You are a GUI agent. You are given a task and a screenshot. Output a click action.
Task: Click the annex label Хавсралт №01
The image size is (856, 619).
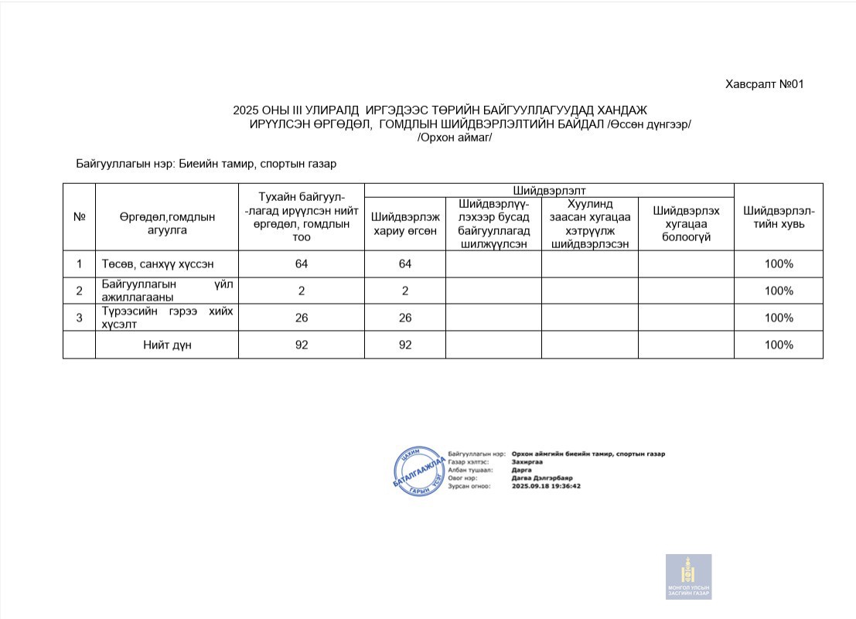pos(765,84)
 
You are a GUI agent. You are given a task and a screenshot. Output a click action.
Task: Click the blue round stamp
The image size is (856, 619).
pos(420,471)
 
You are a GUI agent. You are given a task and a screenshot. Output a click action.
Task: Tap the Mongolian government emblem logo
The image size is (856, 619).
pos(688,576)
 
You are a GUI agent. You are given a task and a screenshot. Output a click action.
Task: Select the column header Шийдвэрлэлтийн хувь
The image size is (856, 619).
pos(778,217)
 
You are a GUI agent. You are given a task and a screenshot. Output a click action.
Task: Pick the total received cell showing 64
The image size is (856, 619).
pos(301,264)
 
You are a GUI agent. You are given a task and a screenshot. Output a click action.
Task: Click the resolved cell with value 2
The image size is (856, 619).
pos(405,291)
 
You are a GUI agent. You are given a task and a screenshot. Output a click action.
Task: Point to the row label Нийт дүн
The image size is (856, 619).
pos(167,345)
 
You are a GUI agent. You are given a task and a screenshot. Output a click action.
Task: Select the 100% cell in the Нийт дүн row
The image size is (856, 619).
pos(778,345)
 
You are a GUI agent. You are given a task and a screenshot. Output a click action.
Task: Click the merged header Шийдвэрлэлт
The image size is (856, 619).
pos(548,190)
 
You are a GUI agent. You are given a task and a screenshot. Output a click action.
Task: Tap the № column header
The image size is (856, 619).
pos(79,217)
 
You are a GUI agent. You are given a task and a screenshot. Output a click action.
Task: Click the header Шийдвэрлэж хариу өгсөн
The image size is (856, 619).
pos(405,224)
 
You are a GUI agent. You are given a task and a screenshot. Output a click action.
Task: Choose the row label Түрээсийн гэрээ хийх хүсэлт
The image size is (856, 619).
pos(167,318)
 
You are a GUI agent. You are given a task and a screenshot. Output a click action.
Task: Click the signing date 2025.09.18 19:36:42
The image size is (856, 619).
pos(546,486)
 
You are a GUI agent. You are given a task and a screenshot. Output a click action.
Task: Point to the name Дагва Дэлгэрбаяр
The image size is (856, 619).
pos(541,478)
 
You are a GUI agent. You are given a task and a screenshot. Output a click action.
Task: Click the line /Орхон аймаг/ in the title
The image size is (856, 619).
pos(454,138)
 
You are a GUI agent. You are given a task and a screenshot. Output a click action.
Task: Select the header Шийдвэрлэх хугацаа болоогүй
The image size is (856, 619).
pos(686,224)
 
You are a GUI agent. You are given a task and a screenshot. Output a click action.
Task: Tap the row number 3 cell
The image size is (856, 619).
pos(79,318)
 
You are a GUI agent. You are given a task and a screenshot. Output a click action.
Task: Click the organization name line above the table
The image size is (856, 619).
pos(206,164)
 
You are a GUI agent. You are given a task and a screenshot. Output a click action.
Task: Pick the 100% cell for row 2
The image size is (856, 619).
pos(778,291)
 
